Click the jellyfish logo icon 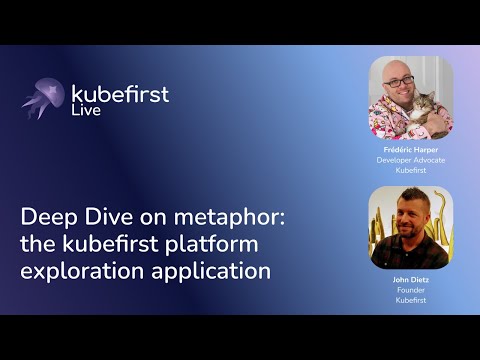(43, 98)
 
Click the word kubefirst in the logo (120, 94)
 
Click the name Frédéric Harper (411, 149)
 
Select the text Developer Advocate (411, 159)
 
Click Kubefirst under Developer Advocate (411, 169)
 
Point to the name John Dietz (411, 280)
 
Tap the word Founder (411, 290)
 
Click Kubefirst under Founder (411, 300)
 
